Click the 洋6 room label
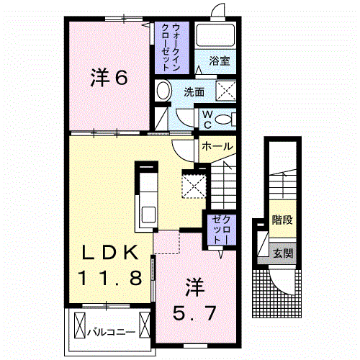109,78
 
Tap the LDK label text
109,253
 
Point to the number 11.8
109,276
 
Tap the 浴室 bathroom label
220,61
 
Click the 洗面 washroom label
194,92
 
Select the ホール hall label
217,146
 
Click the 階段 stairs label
282,220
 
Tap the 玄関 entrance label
282,253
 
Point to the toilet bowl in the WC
224,118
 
